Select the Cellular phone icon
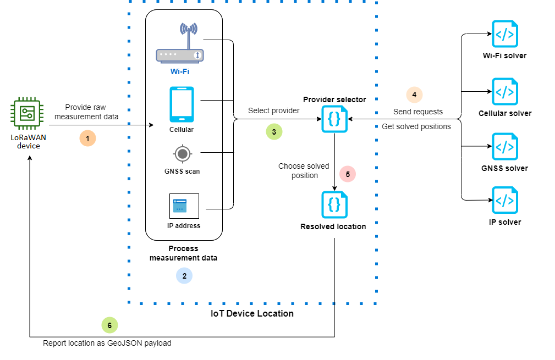tap(182, 104)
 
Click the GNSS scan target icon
tap(182, 153)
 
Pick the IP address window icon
tap(184, 206)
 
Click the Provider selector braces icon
tap(334, 119)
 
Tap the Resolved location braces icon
tap(334, 204)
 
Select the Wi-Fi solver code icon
tap(504, 35)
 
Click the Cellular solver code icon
tap(504, 92)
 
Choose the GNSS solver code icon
tap(504, 147)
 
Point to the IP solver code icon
tap(504, 201)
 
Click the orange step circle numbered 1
tap(87, 137)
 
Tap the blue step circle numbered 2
tap(184, 275)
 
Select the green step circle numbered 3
tap(273, 131)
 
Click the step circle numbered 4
tap(414, 95)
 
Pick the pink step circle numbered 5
tap(348, 174)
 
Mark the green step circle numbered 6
tap(109, 325)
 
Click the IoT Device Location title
tap(252, 313)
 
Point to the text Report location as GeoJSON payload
tap(107, 344)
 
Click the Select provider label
tap(273, 110)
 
